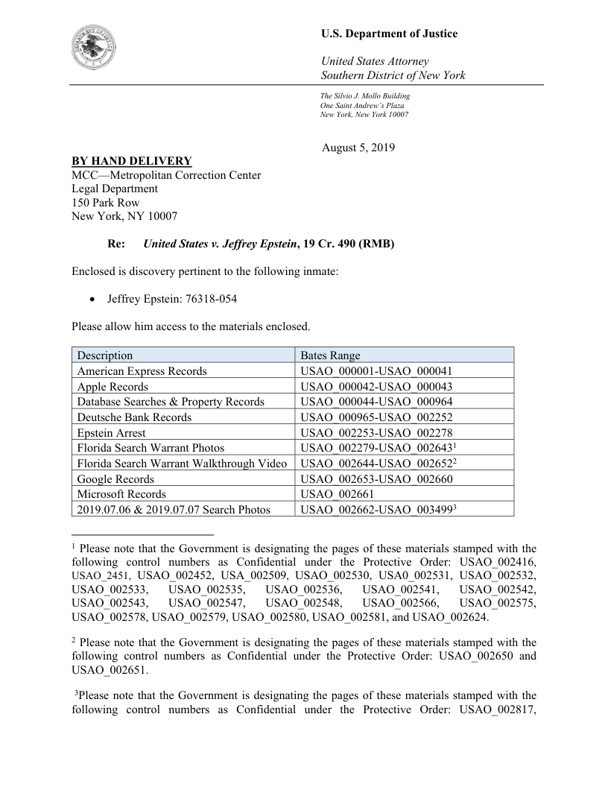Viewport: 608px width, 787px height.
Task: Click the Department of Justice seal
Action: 97,46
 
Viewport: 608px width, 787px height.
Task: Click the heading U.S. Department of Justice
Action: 389,34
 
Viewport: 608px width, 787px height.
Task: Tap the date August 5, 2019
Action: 358,148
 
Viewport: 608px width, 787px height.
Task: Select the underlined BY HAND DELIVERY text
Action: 131,161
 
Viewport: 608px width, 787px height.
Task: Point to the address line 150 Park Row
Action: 105,202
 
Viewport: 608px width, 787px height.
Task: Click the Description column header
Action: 105,355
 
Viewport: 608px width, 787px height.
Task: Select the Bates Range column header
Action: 330,355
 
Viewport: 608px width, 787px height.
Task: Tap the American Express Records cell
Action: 142,371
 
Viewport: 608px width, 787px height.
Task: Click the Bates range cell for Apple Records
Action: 376,387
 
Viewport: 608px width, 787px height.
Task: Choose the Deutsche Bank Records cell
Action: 134,417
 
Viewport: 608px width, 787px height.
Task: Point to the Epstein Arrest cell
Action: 112,433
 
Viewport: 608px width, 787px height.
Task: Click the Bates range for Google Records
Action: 376,479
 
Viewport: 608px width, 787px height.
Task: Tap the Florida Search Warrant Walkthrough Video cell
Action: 182,464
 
